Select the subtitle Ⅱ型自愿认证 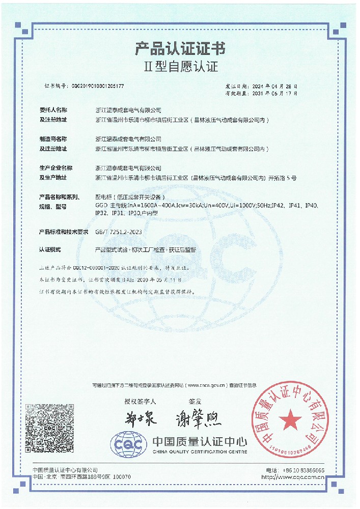click(180, 67)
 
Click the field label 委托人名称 click(53, 110)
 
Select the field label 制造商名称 click(53, 138)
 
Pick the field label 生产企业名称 click(56, 167)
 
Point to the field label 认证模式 click(50, 250)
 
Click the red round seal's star click(290, 420)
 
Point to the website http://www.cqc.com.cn click(293, 477)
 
